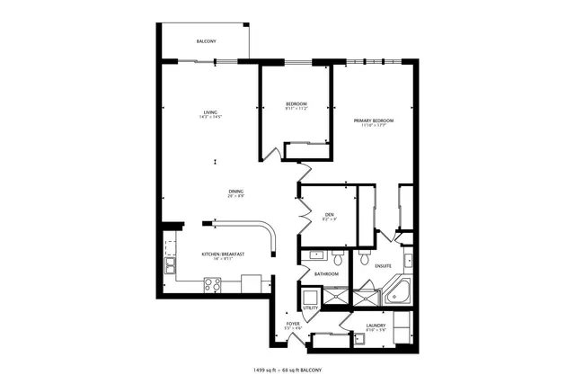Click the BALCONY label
click(207, 42)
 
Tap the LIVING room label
click(211, 112)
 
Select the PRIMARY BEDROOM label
click(373, 120)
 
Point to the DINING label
click(236, 191)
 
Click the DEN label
click(330, 214)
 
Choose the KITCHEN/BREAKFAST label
click(224, 254)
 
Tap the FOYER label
click(293, 323)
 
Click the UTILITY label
click(310, 308)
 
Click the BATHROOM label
click(326, 273)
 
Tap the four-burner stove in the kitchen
click(213, 284)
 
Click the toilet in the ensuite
click(364, 257)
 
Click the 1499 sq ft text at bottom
click(268, 370)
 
